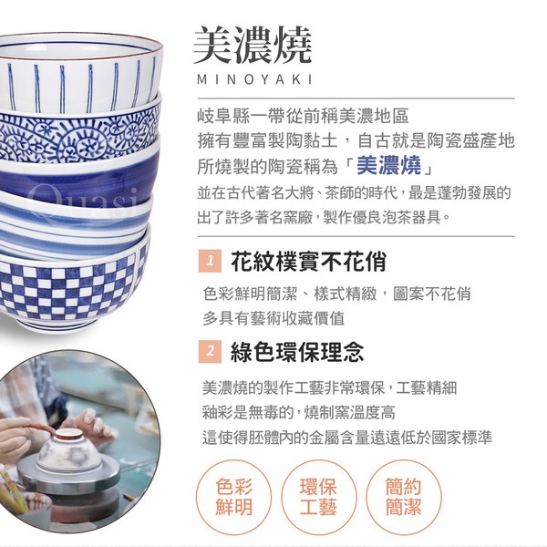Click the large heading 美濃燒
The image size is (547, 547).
tap(253, 46)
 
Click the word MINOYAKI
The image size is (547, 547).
tap(254, 80)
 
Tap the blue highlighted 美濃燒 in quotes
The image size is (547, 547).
tap(389, 165)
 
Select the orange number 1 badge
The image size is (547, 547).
tap(210, 261)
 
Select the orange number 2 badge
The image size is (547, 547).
tap(210, 351)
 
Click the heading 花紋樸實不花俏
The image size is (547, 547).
tap(309, 261)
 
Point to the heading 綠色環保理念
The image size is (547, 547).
tap(297, 352)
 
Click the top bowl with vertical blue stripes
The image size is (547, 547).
tap(80, 73)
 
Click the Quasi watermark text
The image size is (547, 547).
tap(84, 201)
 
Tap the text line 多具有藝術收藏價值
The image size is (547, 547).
tap(273, 318)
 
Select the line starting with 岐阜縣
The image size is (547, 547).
tap(303, 116)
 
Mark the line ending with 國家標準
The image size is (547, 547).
tap(347, 438)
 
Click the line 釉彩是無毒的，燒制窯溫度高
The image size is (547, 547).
tap(299, 413)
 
